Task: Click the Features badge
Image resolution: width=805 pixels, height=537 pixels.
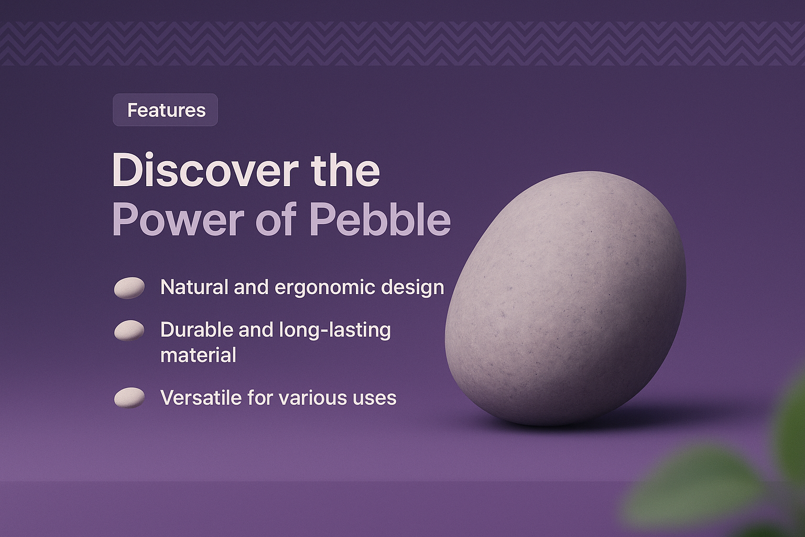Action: click(165, 110)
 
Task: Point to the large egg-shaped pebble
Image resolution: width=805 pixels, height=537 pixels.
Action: click(565, 298)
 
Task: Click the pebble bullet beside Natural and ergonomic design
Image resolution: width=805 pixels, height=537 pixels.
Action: click(129, 288)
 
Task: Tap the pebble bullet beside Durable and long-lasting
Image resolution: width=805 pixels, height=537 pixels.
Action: click(129, 330)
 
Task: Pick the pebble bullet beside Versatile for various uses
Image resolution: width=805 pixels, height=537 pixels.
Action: click(129, 398)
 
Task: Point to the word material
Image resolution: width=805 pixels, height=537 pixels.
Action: click(198, 356)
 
